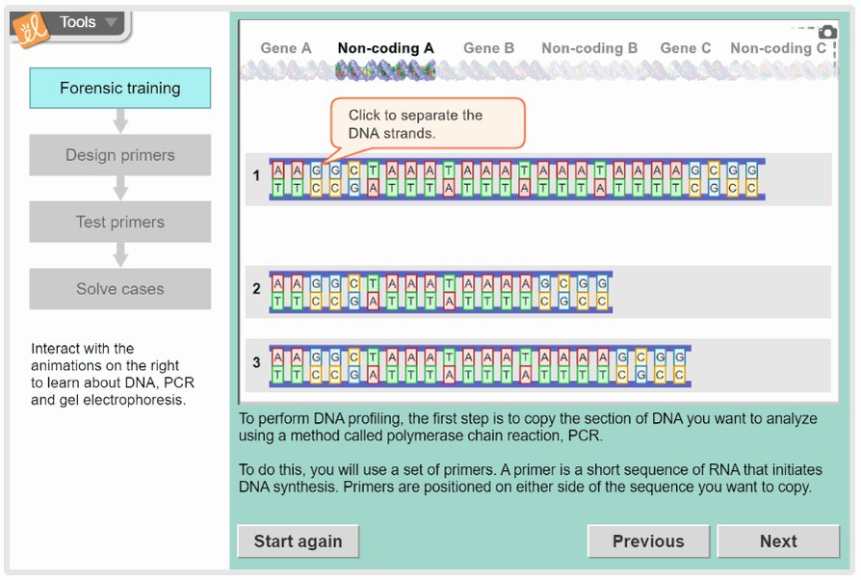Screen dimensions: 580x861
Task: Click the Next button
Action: point(777,541)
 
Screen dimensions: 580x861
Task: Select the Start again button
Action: point(298,541)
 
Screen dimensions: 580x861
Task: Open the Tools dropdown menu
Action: point(88,22)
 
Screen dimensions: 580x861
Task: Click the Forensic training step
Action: point(120,88)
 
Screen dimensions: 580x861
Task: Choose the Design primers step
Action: point(120,155)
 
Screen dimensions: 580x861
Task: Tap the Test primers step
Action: point(120,222)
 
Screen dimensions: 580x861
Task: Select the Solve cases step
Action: point(120,289)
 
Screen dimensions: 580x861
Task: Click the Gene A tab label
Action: point(286,48)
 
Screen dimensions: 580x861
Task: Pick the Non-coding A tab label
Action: point(385,48)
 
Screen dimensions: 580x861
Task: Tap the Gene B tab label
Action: point(488,48)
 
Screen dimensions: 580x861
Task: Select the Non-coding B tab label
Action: point(589,48)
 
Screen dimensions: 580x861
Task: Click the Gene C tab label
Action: point(685,48)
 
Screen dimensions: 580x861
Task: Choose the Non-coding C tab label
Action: point(778,48)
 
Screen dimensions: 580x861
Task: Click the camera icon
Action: point(827,33)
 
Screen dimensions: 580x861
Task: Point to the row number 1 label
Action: point(256,176)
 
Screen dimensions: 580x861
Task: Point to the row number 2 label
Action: point(256,289)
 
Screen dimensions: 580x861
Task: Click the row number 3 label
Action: point(256,363)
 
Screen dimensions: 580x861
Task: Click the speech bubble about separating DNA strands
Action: point(428,124)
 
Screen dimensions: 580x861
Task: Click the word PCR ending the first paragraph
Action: point(584,436)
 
